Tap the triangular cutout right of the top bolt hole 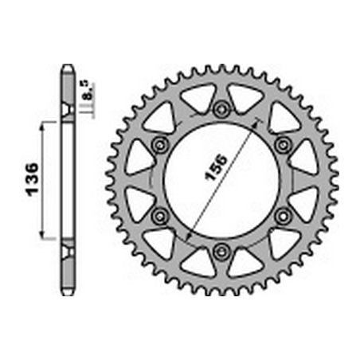coord(245,99)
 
